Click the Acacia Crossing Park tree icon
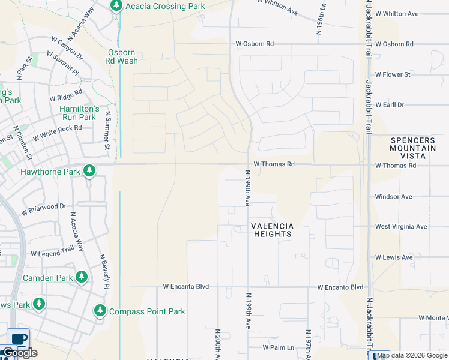[x=116, y=6]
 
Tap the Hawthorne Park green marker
[x=89, y=172]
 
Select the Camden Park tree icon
[x=81, y=277]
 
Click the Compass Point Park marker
[x=100, y=311]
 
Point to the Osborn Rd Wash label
[x=122, y=56]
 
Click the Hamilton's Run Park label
[x=79, y=113]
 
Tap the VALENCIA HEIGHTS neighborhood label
[x=272, y=230]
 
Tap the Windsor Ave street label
[x=393, y=196]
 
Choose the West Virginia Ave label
[x=401, y=227]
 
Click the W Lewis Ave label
[x=394, y=257]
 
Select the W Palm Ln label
[x=279, y=348]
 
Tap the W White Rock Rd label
[x=57, y=133]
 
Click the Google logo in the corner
[x=20, y=353]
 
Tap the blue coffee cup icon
[x=18, y=338]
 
